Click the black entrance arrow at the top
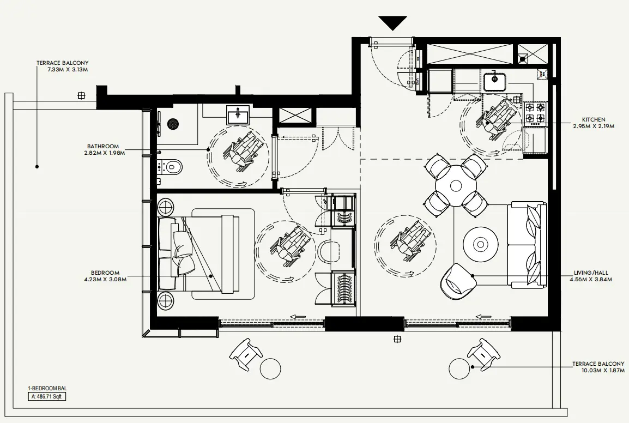tap(392, 23)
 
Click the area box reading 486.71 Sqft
tap(48, 397)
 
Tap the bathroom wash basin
tap(238, 115)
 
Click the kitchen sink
tap(495, 81)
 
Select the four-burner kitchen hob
tap(534, 112)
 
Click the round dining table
tap(456, 186)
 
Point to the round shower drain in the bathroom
tap(173, 124)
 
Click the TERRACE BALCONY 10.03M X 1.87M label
tap(598, 367)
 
